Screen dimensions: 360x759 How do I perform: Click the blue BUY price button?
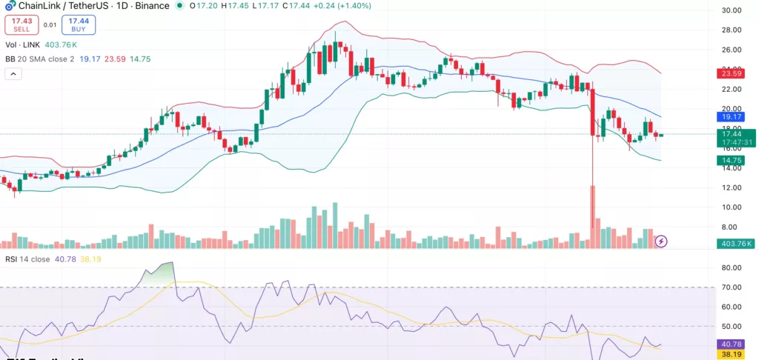(x=78, y=24)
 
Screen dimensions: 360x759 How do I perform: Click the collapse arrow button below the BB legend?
(x=13, y=74)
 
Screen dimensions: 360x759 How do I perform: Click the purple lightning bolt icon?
(x=662, y=241)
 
